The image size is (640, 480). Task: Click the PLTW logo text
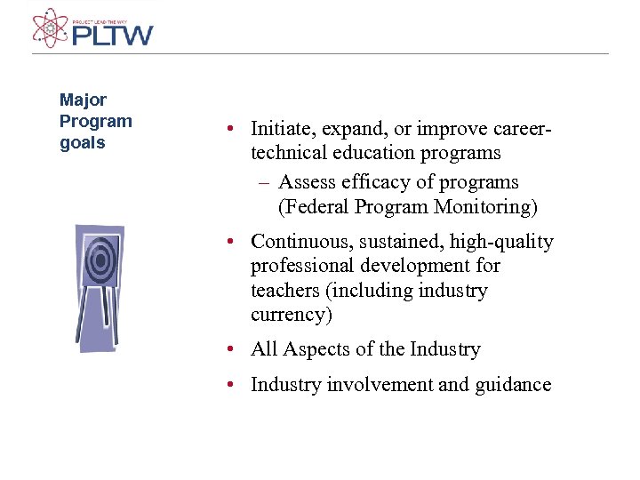(112, 36)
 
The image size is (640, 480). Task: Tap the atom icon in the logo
(50, 27)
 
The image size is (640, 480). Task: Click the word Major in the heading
(83, 100)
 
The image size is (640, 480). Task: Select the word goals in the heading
(82, 143)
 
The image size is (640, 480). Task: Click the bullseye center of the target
(100, 260)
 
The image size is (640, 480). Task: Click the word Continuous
(299, 242)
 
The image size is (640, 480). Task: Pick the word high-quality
(501, 242)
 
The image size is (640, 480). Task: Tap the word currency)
(291, 315)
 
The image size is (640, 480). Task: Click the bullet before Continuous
(229, 242)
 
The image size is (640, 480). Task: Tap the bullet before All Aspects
(229, 349)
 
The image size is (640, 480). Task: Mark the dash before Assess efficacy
(264, 183)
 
